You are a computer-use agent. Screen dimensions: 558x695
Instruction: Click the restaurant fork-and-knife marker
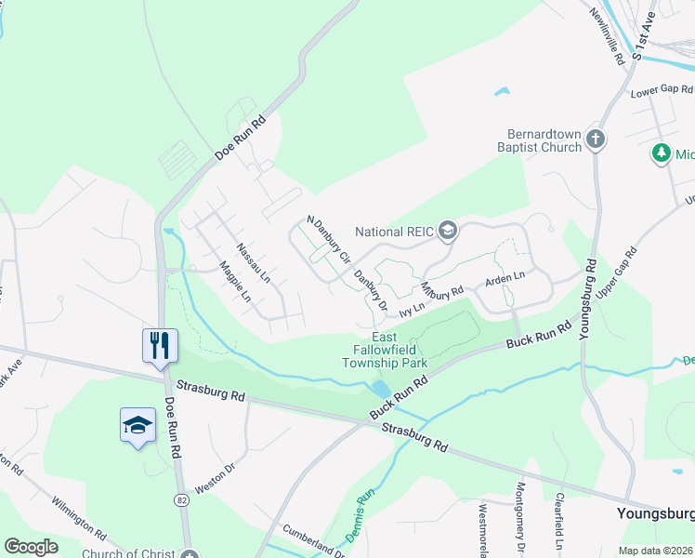[160, 346]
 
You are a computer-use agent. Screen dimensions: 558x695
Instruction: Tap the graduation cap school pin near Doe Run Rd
[138, 426]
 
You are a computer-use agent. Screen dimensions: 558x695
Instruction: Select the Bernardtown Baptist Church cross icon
[596, 140]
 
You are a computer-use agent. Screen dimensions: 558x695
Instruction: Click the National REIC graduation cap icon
[448, 231]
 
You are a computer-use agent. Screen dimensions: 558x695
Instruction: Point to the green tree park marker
[662, 153]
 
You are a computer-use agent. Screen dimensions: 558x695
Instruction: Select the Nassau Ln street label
[252, 263]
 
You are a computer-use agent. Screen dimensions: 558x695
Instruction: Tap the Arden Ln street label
[505, 278]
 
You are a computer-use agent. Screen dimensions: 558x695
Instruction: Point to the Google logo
[32, 546]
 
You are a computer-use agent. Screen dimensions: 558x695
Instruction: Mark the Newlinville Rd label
[609, 36]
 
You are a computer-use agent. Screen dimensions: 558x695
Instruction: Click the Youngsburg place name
[655, 513]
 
